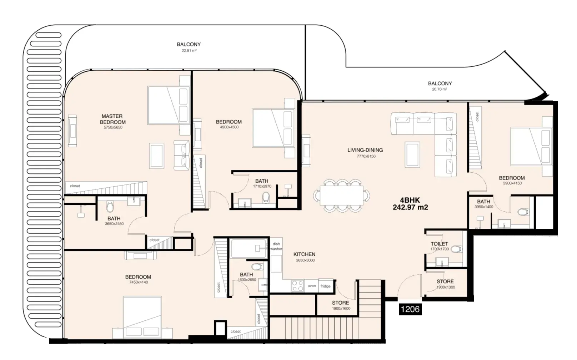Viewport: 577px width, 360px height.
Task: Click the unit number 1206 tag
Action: coord(410,309)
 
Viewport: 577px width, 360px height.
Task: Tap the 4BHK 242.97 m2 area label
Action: coord(410,203)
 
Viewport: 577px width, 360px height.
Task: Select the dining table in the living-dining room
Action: coord(342,196)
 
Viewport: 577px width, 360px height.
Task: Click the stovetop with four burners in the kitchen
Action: coord(297,286)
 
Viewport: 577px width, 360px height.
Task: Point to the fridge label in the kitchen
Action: coord(325,286)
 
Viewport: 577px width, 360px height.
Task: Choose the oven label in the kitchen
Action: coord(312,286)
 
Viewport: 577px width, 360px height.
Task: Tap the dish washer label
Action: coord(276,246)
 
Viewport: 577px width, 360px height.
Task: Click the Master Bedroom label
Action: coord(113,119)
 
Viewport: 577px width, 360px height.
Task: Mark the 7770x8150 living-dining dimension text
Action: coord(366,156)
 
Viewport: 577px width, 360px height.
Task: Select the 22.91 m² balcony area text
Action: coord(189,51)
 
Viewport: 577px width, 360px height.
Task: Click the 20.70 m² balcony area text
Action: coord(440,89)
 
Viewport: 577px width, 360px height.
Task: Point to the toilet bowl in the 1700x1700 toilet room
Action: coord(456,249)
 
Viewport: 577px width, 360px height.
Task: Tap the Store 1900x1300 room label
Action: coord(445,284)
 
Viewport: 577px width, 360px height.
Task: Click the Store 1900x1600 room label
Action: coord(341,305)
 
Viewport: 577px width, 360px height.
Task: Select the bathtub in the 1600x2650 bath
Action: coord(249,249)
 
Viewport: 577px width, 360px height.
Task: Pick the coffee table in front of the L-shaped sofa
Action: coord(412,154)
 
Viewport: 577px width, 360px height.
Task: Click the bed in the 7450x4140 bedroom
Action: coord(142,317)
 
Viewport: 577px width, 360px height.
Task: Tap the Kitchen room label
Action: coord(305,254)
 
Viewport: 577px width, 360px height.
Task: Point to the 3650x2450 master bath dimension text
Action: coord(114,224)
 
